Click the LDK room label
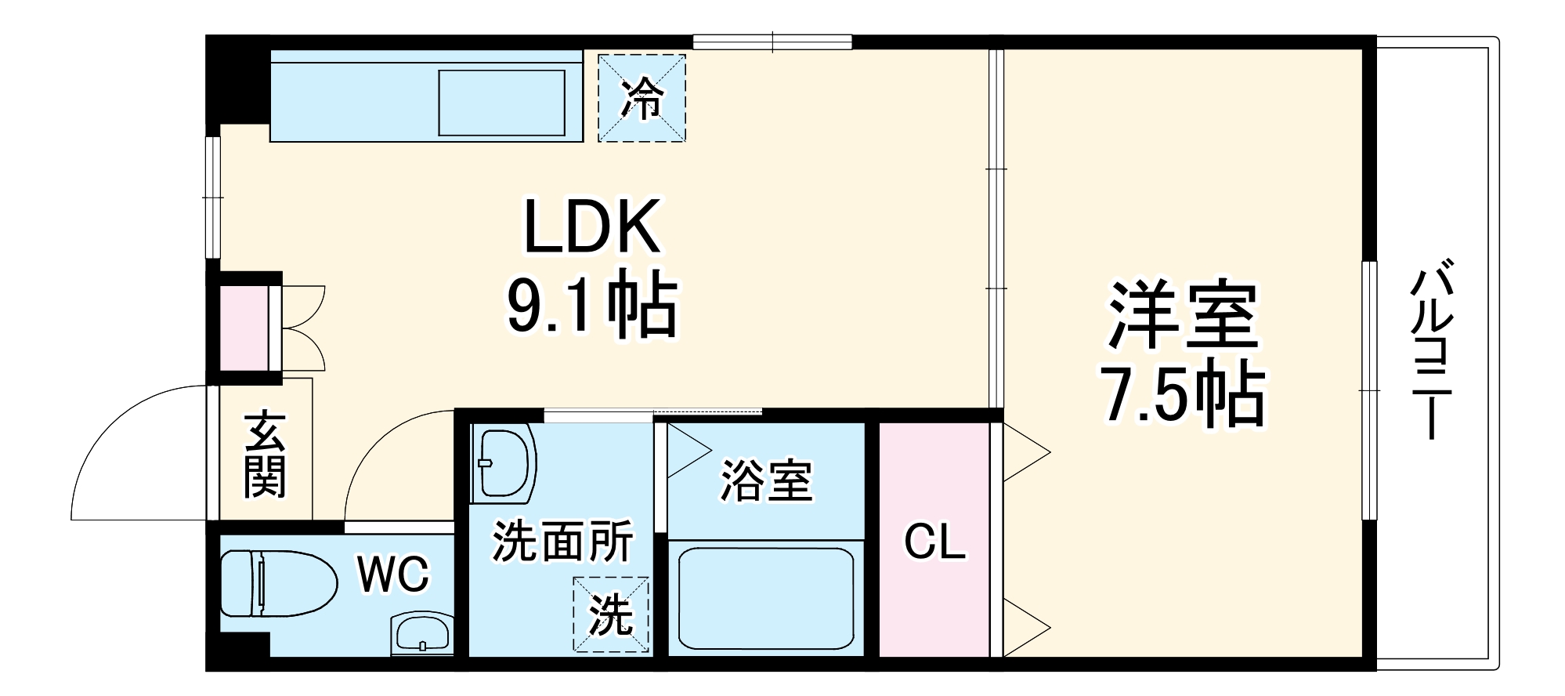pyautogui.click(x=591, y=227)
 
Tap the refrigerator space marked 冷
pyautogui.click(x=642, y=98)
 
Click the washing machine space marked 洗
pyautogui.click(x=610, y=614)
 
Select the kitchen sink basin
pyautogui.click(x=501, y=103)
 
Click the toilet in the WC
pyautogui.click(x=274, y=583)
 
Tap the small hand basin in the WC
pyautogui.click(x=421, y=633)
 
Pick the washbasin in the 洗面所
pyautogui.click(x=503, y=463)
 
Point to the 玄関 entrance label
pyautogui.click(x=265, y=455)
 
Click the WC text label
pyautogui.click(x=393, y=575)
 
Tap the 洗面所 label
pyautogui.click(x=562, y=541)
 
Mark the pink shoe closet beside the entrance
pyautogui.click(x=244, y=328)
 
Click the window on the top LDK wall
pyautogui.click(x=772, y=42)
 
